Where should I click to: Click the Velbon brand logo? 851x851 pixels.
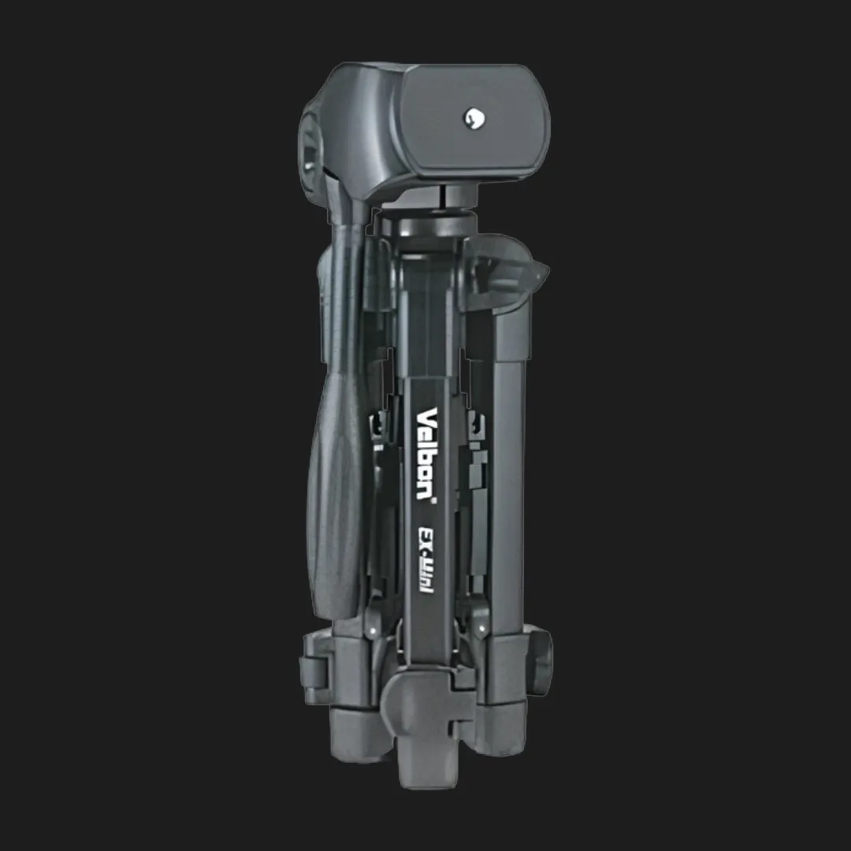(426, 452)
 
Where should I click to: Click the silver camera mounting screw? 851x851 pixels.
(474, 117)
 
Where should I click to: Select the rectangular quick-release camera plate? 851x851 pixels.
(475, 122)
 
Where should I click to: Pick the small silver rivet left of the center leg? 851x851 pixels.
(372, 630)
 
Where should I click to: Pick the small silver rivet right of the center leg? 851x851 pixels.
(482, 629)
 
